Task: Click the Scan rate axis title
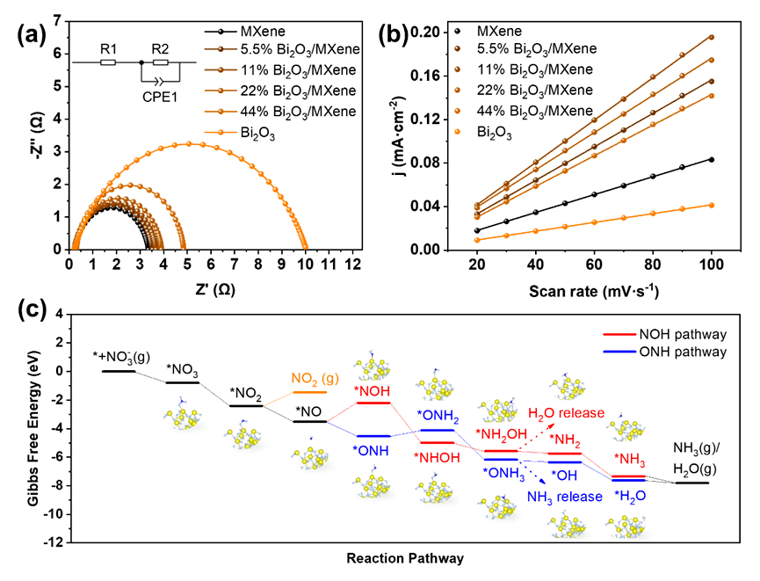coord(582,289)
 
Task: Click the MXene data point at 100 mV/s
coord(711,159)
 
